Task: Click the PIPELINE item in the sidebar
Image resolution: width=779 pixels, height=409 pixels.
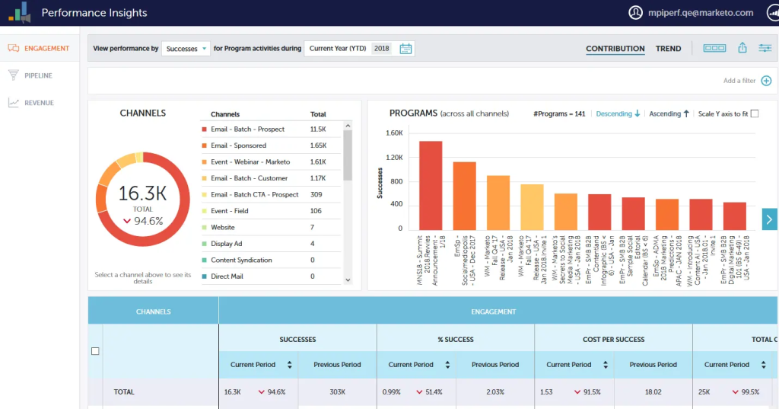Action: tap(38, 75)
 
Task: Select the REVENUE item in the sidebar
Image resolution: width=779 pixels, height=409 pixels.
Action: tap(39, 103)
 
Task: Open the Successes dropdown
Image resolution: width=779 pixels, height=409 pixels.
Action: tap(186, 49)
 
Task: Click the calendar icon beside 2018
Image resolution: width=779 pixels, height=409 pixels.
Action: tap(405, 49)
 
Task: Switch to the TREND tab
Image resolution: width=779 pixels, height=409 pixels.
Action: tap(668, 49)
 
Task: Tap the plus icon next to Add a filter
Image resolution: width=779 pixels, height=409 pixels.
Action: tap(766, 81)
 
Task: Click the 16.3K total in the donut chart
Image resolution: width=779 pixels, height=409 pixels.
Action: tap(142, 194)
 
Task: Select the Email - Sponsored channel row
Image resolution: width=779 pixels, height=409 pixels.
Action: tap(238, 145)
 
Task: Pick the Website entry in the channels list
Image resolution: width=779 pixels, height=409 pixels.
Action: tap(222, 227)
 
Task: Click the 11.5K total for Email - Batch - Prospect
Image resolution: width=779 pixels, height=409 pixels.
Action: tap(318, 129)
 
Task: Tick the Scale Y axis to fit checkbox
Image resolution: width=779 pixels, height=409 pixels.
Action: tap(755, 113)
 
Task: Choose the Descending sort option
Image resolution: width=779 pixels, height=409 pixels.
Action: tap(618, 113)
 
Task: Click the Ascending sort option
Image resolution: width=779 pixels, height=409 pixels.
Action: tap(669, 113)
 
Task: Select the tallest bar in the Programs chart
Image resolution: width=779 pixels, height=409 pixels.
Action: tap(431, 185)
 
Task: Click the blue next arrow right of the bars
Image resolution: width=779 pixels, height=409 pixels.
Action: tap(769, 219)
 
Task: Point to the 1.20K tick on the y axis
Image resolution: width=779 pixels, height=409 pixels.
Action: tap(394, 158)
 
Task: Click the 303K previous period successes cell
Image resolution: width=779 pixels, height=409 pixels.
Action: tap(337, 392)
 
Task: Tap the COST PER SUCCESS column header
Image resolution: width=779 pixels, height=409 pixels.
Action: tap(613, 339)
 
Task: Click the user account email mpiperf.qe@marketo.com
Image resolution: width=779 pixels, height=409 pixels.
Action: tap(700, 13)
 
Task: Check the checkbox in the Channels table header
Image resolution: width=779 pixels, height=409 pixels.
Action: tap(95, 351)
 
